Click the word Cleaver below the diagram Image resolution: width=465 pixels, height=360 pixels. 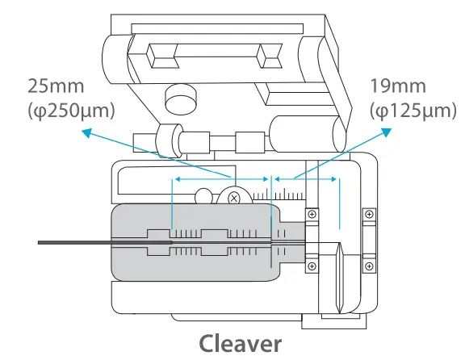[241, 343]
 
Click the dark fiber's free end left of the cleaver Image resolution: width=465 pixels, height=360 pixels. [40, 242]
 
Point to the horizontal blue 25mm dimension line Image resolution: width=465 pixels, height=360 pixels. [220, 178]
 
